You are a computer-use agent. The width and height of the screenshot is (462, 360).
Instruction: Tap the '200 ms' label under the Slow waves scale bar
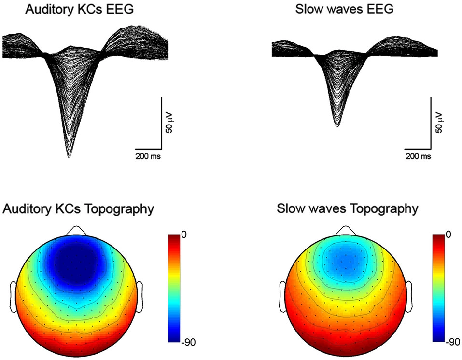pyautogui.click(x=418, y=157)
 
